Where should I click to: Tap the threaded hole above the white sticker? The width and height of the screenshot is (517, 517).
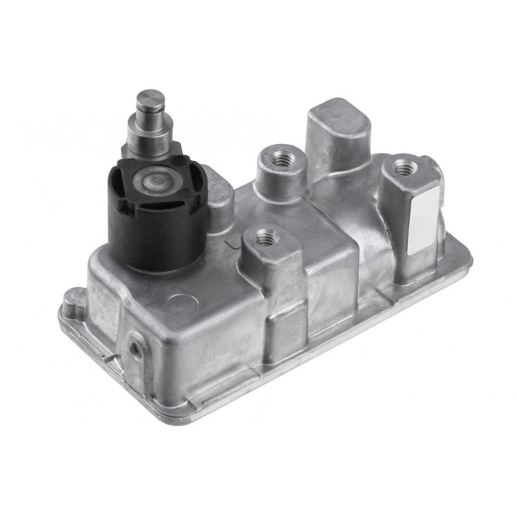404,168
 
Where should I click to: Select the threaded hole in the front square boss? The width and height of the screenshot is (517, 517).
266,238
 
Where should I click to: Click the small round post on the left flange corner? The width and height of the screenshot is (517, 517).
73,302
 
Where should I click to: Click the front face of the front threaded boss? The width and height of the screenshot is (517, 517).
281,295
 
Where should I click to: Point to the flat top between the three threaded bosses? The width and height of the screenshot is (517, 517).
325,214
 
